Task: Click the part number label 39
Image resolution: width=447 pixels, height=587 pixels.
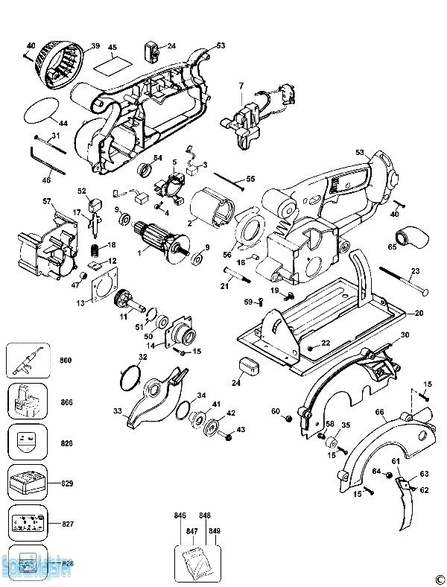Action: tap(95, 46)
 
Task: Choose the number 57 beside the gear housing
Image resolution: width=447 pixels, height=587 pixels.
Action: tap(46, 201)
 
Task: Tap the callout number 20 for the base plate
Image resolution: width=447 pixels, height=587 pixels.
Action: tap(419, 314)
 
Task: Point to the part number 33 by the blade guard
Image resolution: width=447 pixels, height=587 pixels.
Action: tap(117, 411)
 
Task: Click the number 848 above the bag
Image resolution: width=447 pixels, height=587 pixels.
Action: tap(205, 515)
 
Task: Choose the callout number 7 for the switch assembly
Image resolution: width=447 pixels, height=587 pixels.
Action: tap(241, 88)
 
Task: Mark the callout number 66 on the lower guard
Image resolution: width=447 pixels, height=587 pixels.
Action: tap(379, 411)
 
